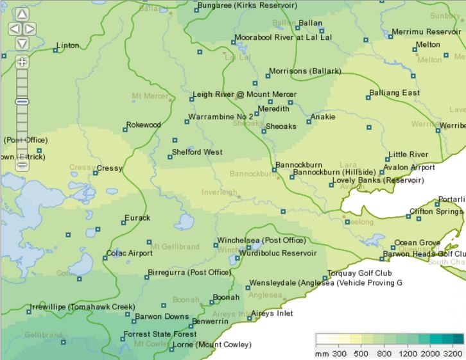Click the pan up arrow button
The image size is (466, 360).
pos(22,14)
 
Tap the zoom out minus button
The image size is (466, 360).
pos(22,165)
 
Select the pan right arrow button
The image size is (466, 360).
pos(30,29)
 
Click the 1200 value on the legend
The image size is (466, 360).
pos(408,354)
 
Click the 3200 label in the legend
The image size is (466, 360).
pos(453,354)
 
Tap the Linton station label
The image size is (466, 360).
pos(68,46)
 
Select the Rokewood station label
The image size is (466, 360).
pos(143,124)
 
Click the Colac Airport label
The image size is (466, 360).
pos(129,253)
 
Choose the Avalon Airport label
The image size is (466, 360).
pos(409,168)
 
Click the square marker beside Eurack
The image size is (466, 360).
pos(124,223)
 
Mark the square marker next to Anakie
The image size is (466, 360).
pos(309,121)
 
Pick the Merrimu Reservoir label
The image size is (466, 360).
pos(426,31)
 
